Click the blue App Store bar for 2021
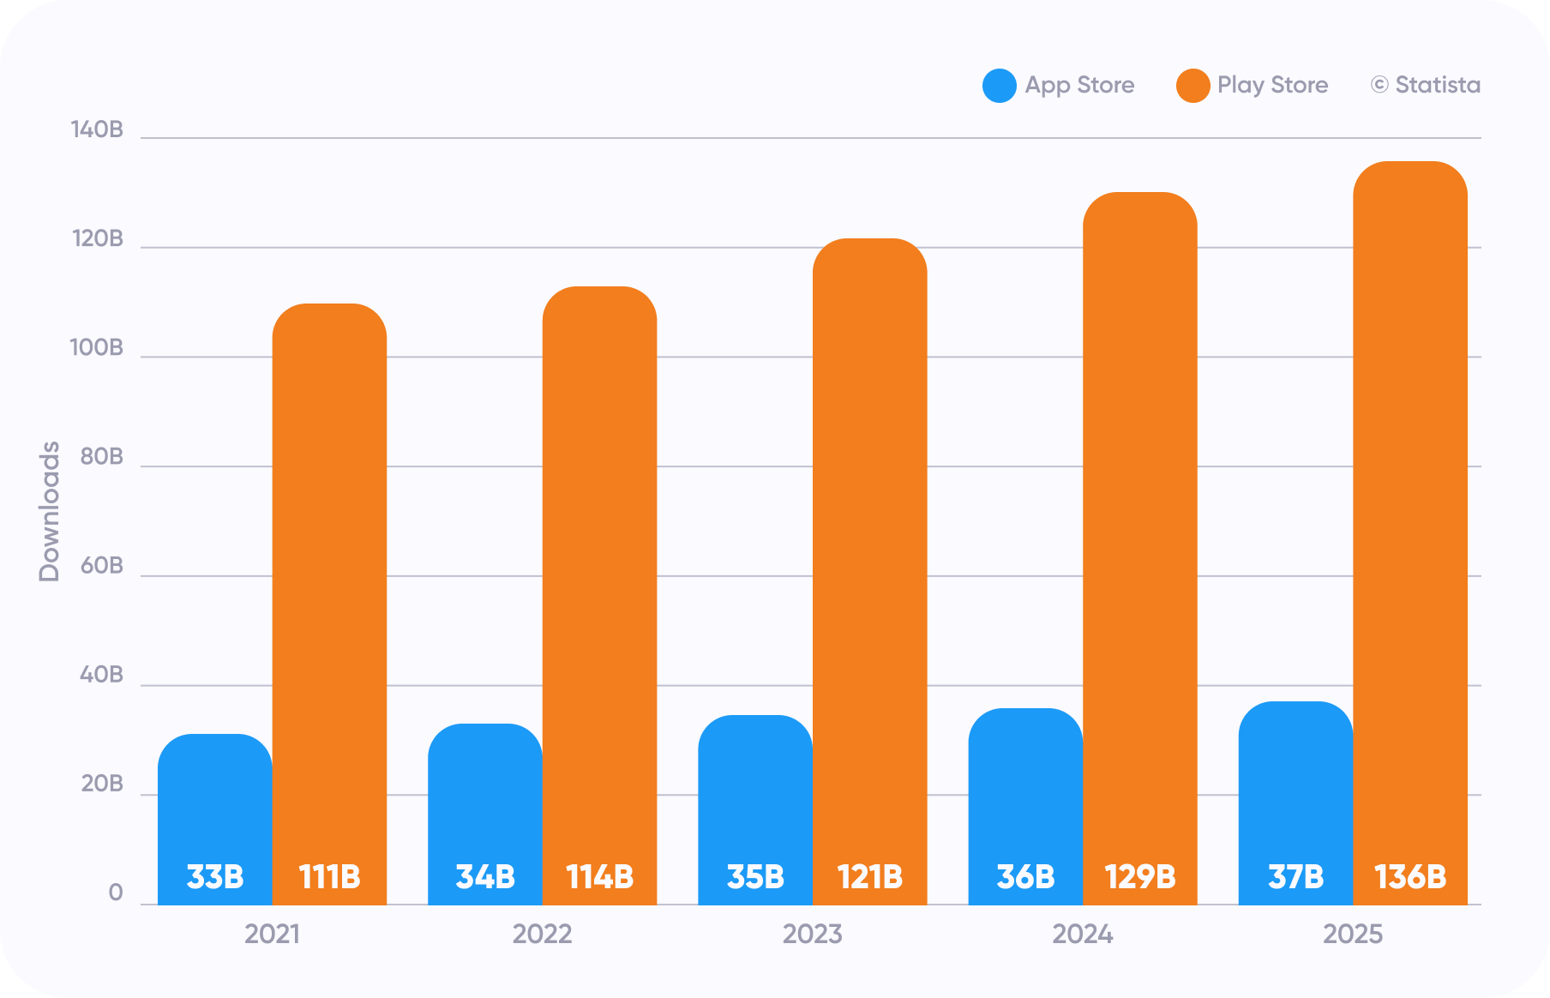point(215,819)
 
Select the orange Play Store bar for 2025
point(1410,532)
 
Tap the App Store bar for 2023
point(755,809)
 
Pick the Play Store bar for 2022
point(600,595)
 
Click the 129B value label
point(1140,877)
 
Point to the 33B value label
point(215,877)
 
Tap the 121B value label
point(870,877)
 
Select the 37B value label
point(1296,877)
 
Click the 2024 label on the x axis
point(1083,934)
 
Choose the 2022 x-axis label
point(543,934)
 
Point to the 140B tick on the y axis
point(97,129)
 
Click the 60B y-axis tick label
point(102,566)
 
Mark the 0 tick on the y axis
point(116,893)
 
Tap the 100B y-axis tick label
point(97,348)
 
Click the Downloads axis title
point(50,512)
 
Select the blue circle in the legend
point(1000,86)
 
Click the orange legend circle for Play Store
point(1193,86)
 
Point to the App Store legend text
point(1080,85)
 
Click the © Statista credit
point(1426,85)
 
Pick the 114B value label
point(600,877)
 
